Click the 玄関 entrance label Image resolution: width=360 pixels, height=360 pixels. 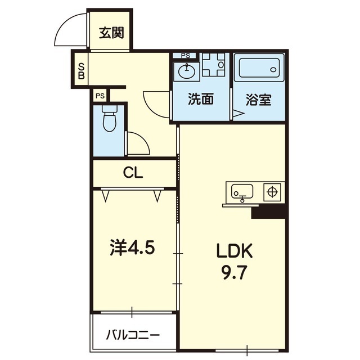point(111,33)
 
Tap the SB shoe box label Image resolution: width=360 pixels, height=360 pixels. point(81,71)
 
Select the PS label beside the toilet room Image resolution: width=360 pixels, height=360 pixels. point(100,96)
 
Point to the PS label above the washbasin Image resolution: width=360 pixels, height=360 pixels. point(186,56)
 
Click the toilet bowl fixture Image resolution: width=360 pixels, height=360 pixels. point(109,118)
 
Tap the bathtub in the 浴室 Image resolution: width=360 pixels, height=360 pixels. point(259,68)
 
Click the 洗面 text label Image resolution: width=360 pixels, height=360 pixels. point(201,99)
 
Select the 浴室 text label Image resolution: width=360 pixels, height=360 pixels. point(259,100)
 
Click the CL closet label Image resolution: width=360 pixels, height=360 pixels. point(133,173)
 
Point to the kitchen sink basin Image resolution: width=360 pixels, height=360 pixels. point(242,192)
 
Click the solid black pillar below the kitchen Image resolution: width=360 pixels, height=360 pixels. point(269,211)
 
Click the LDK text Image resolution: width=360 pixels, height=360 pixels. point(235,251)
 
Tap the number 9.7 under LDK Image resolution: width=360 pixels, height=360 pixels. point(234,272)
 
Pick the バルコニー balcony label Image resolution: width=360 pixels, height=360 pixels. point(133,336)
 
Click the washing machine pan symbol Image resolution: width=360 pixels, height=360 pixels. point(213,65)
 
